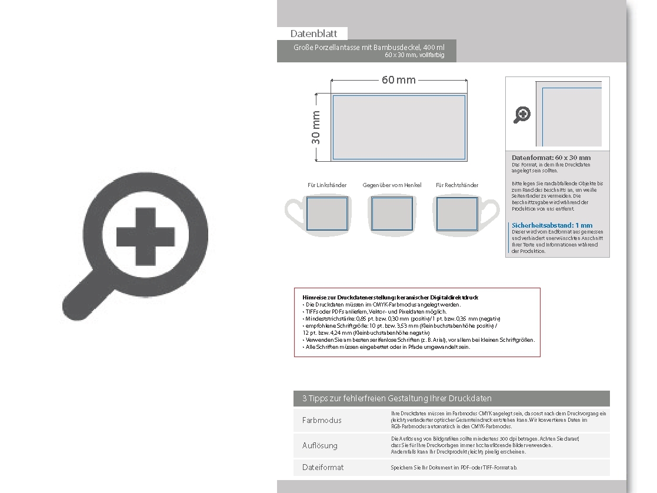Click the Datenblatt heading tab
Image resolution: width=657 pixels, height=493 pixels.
[312, 34]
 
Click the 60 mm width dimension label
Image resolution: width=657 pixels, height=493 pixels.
[399, 79]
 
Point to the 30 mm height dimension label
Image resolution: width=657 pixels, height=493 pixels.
[316, 128]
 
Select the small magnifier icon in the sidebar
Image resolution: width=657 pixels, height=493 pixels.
[522, 115]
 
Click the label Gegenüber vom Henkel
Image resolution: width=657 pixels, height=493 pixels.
[392, 185]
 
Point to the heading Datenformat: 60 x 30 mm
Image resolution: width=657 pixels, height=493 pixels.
[551, 158]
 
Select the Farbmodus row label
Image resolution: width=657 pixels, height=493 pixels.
[322, 420]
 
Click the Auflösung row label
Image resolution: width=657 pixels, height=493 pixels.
[320, 445]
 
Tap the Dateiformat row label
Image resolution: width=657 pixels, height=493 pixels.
[323, 467]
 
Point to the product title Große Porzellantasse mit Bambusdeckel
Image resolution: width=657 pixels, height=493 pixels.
[369, 47]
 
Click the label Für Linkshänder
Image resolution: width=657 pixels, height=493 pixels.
[327, 185]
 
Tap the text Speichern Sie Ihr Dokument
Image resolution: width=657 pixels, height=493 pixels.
[453, 467]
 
